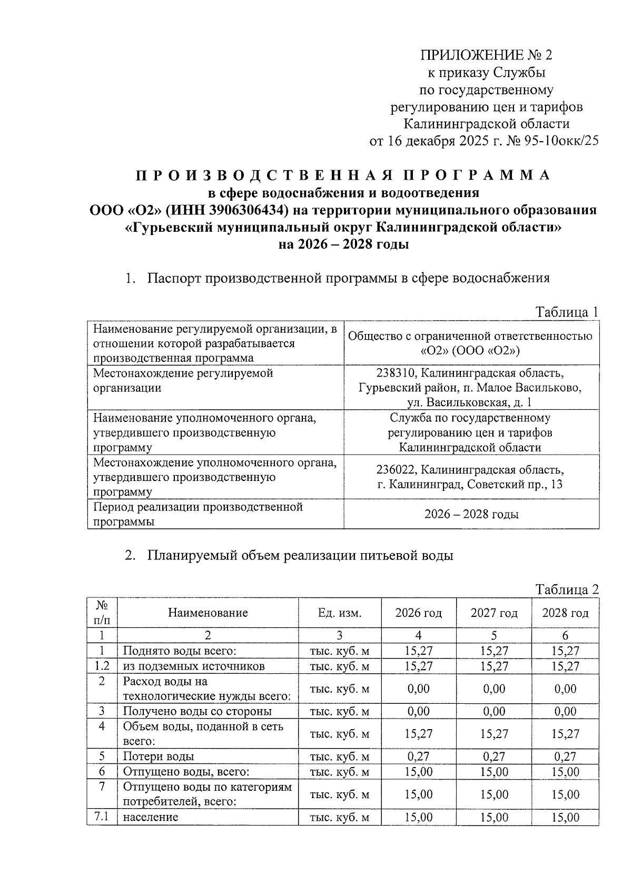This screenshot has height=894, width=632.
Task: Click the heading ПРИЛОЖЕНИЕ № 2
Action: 486,55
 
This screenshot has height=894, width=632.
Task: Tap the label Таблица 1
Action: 567,312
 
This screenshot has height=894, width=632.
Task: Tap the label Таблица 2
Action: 567,590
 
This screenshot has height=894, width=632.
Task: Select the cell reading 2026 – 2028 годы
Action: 471,514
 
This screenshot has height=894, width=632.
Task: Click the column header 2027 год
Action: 493,613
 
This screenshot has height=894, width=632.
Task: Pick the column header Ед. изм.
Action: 340,613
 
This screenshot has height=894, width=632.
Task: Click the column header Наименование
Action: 208,613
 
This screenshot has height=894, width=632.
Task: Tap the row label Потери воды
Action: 159,757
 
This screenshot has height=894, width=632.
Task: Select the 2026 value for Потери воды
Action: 418,757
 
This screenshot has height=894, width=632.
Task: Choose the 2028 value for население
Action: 565,818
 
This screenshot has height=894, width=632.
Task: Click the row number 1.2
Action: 102,666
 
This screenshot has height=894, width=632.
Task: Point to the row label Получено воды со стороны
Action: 197,712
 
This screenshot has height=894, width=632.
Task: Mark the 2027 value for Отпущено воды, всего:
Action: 493,772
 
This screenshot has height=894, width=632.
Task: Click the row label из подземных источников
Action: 193,666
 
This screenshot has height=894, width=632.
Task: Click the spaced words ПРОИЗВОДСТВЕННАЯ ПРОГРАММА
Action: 343,175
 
